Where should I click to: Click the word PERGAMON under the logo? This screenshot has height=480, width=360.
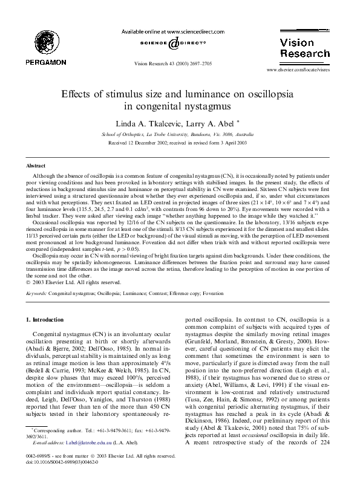38,62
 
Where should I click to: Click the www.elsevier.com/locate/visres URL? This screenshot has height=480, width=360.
301,71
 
